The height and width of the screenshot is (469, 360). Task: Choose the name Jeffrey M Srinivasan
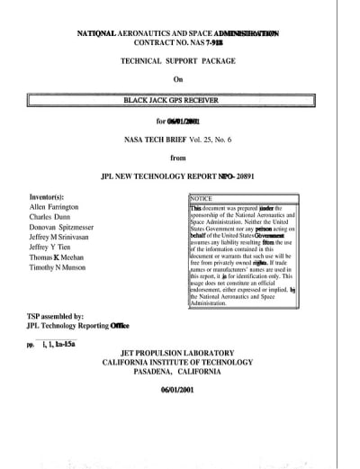click(x=65, y=244)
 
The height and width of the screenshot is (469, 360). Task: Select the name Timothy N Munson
click(x=61, y=282)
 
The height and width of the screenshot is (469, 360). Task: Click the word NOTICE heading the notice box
click(x=202, y=198)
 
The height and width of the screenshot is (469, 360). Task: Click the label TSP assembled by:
click(x=55, y=317)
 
